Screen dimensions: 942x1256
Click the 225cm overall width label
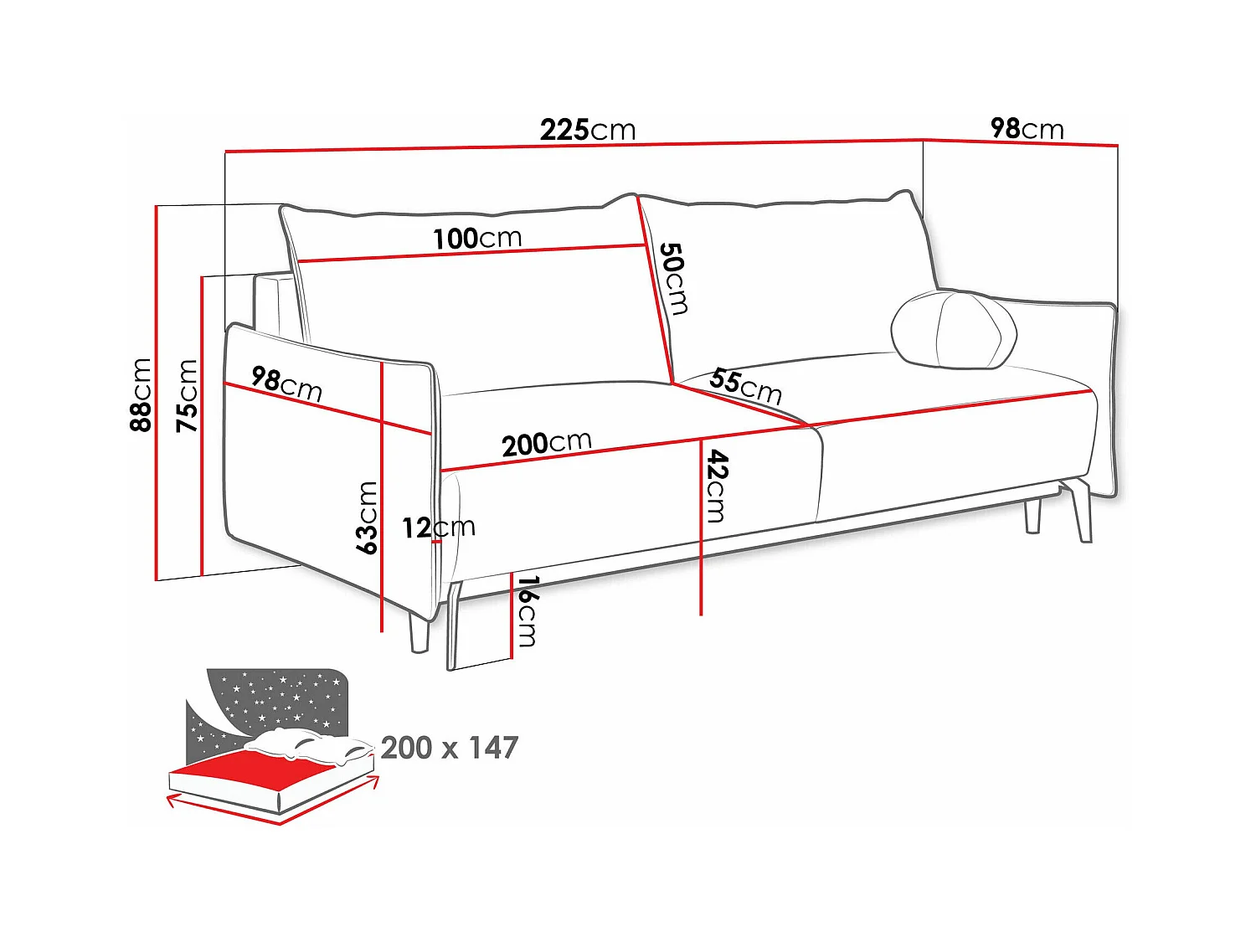[x=588, y=130]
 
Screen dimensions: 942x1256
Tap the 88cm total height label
[x=141, y=394]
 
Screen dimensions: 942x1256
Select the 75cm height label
[x=187, y=395]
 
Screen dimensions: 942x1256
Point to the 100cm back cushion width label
[x=477, y=239]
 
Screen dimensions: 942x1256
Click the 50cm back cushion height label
[x=673, y=278]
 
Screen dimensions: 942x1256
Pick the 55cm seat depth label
[x=745, y=385]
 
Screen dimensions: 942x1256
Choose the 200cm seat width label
[x=546, y=443]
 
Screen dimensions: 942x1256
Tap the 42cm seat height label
[x=717, y=486]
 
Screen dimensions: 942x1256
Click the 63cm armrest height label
[x=367, y=517]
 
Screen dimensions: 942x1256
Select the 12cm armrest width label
[x=438, y=528]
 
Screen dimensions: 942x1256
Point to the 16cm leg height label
[x=527, y=611]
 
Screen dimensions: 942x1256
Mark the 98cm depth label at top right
[x=1027, y=128]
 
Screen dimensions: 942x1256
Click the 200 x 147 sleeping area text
[x=450, y=747]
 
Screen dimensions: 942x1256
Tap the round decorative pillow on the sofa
[x=954, y=330]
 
